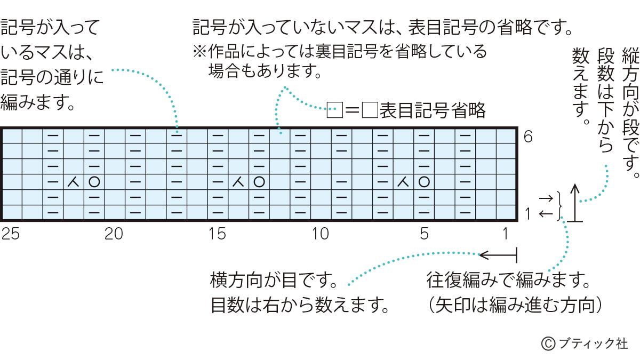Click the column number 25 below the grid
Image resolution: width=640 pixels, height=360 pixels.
click(11, 234)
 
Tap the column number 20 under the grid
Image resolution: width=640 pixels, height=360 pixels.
click(114, 234)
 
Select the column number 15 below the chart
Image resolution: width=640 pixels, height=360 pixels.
click(217, 234)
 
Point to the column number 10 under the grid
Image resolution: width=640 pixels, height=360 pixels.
click(321, 234)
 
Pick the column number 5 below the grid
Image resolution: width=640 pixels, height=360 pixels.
click(425, 234)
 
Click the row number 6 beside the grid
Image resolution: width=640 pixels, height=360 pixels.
click(528, 137)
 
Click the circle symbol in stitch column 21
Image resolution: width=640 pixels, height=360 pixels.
click(94, 182)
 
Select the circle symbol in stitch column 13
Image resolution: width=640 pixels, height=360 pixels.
click(259, 182)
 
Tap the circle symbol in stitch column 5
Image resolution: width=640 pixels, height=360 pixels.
click(425, 182)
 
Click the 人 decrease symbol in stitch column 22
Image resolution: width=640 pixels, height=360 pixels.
click(74, 182)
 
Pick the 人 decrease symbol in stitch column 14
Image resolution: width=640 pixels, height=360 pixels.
click(238, 182)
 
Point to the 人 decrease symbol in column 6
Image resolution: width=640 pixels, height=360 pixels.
click(403, 182)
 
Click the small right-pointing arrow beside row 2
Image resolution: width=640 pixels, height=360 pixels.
click(546, 198)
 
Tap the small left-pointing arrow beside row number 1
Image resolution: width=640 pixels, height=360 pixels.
click(546, 213)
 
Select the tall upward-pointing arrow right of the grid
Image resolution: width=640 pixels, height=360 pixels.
click(575, 203)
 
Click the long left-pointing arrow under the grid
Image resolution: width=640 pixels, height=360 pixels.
click(498, 255)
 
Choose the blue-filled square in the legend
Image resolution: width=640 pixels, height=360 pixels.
click(335, 110)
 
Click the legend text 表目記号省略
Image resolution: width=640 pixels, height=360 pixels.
click(433, 110)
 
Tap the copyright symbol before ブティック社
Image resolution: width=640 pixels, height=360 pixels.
click(548, 343)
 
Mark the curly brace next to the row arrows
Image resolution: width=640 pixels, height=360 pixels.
click(559, 206)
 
